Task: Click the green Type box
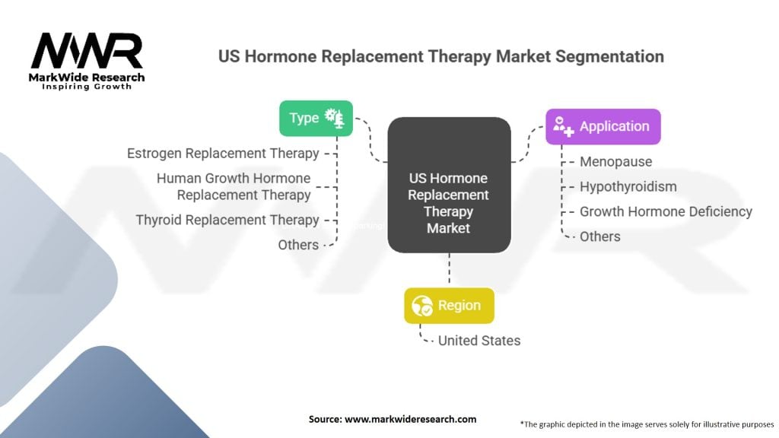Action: tap(316, 118)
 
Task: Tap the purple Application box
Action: tap(603, 127)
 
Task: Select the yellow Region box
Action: tap(449, 306)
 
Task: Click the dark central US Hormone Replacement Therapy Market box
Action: tap(449, 185)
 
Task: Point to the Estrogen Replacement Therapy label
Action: tap(223, 154)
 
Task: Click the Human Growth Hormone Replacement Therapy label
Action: tap(234, 186)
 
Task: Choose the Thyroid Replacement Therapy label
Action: tap(227, 220)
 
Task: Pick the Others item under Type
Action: tap(298, 245)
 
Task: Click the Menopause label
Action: tap(615, 161)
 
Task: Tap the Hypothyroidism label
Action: tap(628, 186)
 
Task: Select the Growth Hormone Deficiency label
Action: tap(666, 211)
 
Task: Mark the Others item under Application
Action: tap(600, 236)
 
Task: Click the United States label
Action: tap(479, 341)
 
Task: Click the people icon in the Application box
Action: tap(564, 127)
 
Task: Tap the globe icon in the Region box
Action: tap(422, 306)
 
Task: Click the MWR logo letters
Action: tap(86, 52)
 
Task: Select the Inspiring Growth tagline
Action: tap(85, 87)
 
